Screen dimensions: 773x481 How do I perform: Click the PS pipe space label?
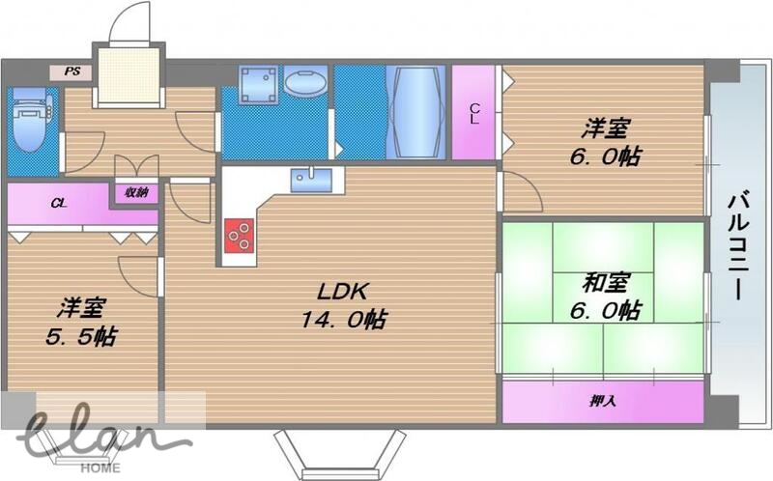(72, 71)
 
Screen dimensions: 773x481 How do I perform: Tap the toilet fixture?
(30, 119)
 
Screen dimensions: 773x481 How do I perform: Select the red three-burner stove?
(239, 235)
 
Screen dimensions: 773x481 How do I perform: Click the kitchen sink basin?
(311, 181)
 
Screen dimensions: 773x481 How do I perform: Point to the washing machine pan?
(258, 85)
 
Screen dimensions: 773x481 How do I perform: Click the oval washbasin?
(305, 83)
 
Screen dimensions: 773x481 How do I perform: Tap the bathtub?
(416, 112)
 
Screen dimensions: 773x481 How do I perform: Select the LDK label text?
(342, 292)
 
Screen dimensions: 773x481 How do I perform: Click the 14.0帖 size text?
(343, 320)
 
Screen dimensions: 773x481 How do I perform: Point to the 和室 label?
(606, 284)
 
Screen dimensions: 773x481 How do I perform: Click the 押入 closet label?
(602, 401)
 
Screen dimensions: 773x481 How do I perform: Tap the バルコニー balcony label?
(738, 245)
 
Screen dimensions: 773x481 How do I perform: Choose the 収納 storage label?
(136, 192)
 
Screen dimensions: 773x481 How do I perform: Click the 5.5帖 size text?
(81, 337)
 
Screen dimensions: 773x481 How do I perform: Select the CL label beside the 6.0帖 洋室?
(474, 113)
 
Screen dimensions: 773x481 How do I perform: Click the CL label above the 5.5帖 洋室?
(59, 203)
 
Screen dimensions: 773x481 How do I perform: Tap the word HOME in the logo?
(100, 467)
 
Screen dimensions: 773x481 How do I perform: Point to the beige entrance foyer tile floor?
(129, 75)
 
